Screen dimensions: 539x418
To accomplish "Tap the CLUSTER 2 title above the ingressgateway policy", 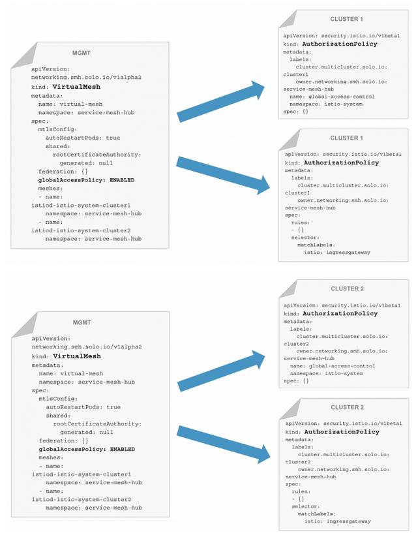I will (x=346, y=407).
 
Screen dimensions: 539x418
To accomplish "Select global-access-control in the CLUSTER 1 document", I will (x=338, y=96).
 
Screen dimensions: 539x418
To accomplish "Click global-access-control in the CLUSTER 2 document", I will (x=338, y=366).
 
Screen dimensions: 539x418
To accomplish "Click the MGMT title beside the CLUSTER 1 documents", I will (x=82, y=52).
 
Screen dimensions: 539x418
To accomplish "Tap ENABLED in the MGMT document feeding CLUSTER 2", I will (x=122, y=449).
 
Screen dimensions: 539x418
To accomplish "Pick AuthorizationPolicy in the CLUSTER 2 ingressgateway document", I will (x=342, y=432).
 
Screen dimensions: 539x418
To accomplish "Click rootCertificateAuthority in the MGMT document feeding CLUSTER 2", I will (x=97, y=423).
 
